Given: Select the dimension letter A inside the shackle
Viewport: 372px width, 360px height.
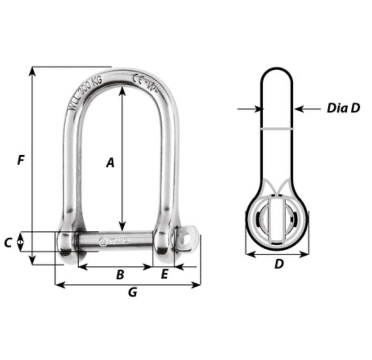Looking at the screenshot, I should (x=110, y=163).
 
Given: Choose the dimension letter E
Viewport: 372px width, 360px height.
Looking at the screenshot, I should (x=164, y=274).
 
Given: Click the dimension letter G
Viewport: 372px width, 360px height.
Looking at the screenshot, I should (x=132, y=293).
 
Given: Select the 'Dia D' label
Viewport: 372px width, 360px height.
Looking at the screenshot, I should (x=343, y=108).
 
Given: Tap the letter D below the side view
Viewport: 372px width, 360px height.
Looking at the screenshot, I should (x=278, y=264).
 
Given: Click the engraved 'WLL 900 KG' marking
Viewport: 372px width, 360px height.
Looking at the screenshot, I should (x=84, y=92).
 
